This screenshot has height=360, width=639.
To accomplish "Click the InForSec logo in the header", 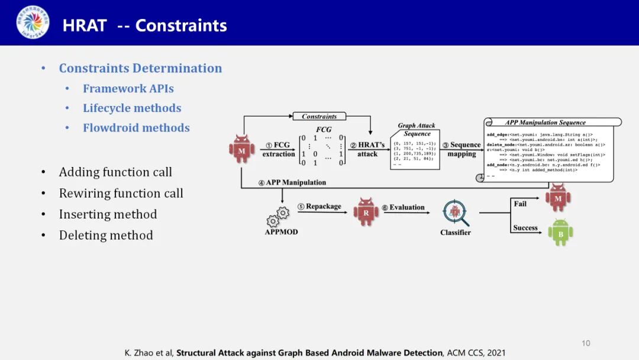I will pyautogui.click(x=33, y=22).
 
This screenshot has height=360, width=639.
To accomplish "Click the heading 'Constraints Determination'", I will pyautogui.click(x=140, y=68).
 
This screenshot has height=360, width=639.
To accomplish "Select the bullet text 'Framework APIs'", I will pyautogui.click(x=128, y=88).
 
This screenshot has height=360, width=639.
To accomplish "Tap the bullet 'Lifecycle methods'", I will pyautogui.click(x=132, y=108).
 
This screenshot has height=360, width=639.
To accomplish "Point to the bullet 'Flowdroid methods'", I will pyautogui.click(x=136, y=127).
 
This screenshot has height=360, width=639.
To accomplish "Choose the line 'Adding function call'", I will pyautogui.click(x=115, y=172).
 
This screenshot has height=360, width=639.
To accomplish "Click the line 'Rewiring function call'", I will pyautogui.click(x=121, y=193).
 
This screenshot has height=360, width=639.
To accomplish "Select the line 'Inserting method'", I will pyautogui.click(x=108, y=214).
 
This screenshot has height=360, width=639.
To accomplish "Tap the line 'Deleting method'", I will pyautogui.click(x=106, y=235).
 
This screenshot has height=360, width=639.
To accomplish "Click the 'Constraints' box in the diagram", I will pyautogui.click(x=319, y=117).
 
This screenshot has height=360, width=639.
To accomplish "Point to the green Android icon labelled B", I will pyautogui.click(x=560, y=232).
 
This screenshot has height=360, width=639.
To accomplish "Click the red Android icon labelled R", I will pyautogui.click(x=366, y=212).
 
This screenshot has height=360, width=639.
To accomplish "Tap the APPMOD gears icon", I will pyautogui.click(x=278, y=217).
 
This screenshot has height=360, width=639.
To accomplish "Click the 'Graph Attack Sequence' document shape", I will pyautogui.click(x=415, y=149).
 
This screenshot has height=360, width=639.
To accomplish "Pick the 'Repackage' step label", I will pyautogui.click(x=323, y=207).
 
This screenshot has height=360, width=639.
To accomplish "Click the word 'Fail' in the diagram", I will pyautogui.click(x=520, y=204).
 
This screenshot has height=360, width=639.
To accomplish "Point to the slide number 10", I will pyautogui.click(x=586, y=343).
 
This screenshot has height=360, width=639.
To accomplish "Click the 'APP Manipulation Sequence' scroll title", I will pyautogui.click(x=545, y=123).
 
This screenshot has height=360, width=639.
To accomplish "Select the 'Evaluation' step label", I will pyautogui.click(x=407, y=207).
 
